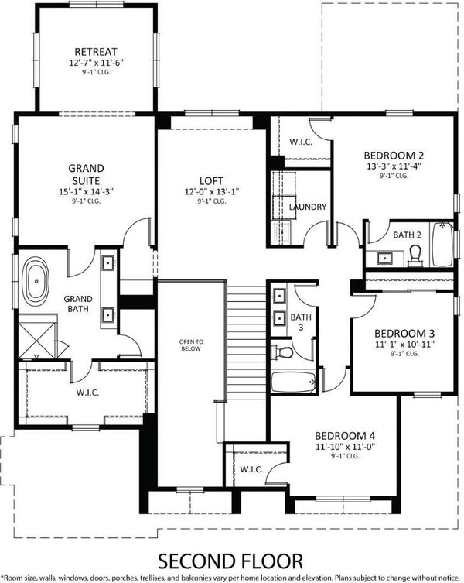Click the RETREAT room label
point(96,52)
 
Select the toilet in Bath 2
point(415,256)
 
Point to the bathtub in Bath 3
point(294,382)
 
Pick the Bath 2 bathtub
point(442,244)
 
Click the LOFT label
point(211,181)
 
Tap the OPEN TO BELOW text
point(191,345)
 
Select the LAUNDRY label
point(308,207)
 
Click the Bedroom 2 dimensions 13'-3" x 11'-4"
point(394,166)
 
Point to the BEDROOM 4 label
point(345,435)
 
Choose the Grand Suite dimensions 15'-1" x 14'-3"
point(86,192)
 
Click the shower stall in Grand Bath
point(36,336)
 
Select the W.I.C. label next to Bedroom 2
point(301,142)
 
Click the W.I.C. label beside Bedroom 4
point(251,469)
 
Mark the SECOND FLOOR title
point(230,561)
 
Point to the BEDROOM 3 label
point(404,333)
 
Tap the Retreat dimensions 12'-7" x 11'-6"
point(96,63)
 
